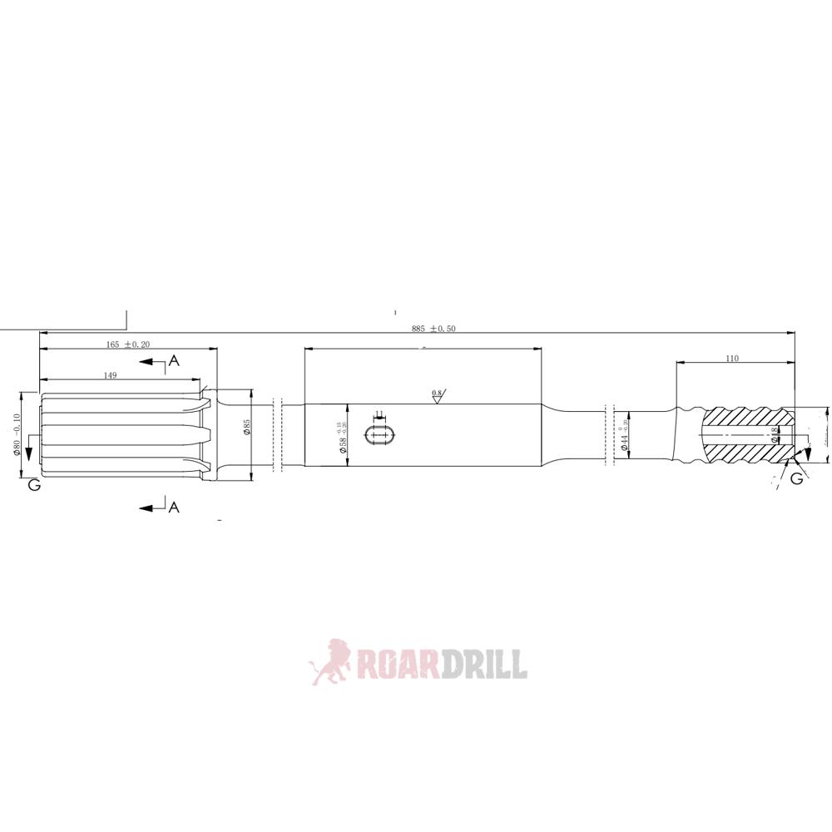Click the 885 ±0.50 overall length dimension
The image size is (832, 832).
(433, 329)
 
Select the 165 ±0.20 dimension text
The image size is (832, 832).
(127, 344)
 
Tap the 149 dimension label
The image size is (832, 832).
(110, 375)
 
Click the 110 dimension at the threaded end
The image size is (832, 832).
(731, 359)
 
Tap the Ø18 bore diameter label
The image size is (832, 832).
(775, 434)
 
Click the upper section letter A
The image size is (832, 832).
(174, 360)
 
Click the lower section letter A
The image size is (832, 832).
(174, 507)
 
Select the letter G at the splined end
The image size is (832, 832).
(34, 484)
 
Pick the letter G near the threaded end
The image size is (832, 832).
(796, 478)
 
